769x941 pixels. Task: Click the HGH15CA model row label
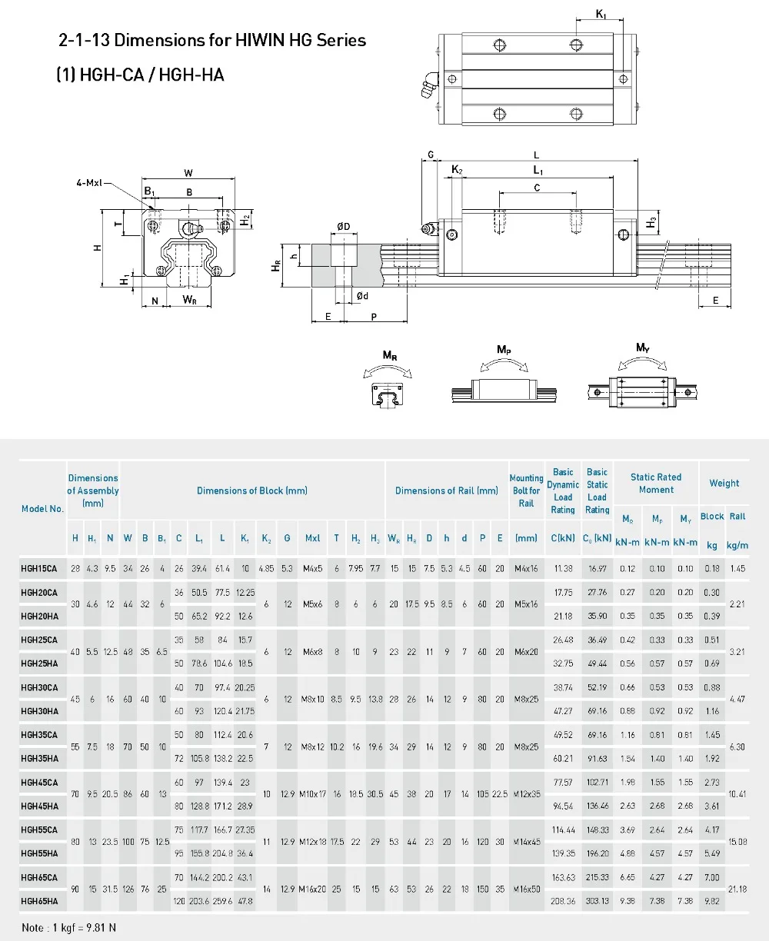[39, 569]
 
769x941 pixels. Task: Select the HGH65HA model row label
[39, 901]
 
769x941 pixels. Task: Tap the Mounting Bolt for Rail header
[526, 490]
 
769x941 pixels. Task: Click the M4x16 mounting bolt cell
[526, 569]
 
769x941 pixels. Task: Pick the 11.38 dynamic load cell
[563, 569]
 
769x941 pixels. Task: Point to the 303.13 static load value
[598, 901]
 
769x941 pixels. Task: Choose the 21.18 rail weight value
[737, 889]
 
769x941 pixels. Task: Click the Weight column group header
[724, 484]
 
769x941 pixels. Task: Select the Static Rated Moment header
[656, 483]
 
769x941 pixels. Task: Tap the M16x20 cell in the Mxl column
[313, 889]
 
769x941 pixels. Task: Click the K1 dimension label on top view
[601, 14]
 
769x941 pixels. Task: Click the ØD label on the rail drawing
[343, 226]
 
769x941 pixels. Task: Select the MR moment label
[390, 355]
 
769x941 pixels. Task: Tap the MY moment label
[642, 348]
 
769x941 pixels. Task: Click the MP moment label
[504, 350]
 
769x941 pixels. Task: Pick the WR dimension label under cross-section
[190, 300]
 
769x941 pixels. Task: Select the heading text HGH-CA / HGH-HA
[140, 75]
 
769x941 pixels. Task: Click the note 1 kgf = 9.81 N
[69, 928]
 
